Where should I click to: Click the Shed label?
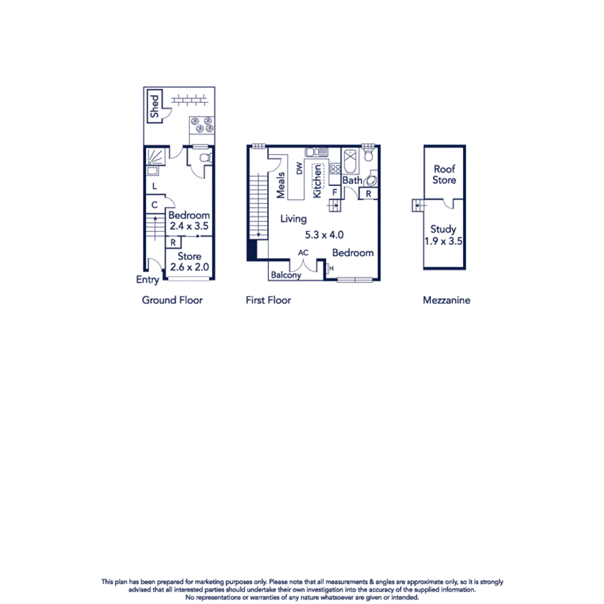coord(154,106)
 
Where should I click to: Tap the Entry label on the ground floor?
coord(147,280)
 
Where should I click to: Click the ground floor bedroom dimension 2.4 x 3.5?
coord(189,227)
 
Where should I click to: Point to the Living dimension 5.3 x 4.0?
coord(324,235)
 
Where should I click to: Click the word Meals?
coord(281,185)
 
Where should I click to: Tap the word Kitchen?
coord(317,181)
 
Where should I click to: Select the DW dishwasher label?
coord(299,169)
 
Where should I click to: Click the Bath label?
coord(352,180)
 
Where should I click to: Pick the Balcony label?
coord(286,275)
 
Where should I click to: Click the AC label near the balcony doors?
coord(303,253)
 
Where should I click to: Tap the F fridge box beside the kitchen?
coord(334,192)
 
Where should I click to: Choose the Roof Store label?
coord(445,174)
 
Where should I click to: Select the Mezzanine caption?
coord(447,300)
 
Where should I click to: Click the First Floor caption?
coord(268,300)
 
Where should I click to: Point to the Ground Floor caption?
coord(172,300)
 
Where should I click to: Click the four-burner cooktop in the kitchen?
coord(335,168)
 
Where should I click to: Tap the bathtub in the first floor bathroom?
coord(349,159)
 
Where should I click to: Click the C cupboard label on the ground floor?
coord(154,205)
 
